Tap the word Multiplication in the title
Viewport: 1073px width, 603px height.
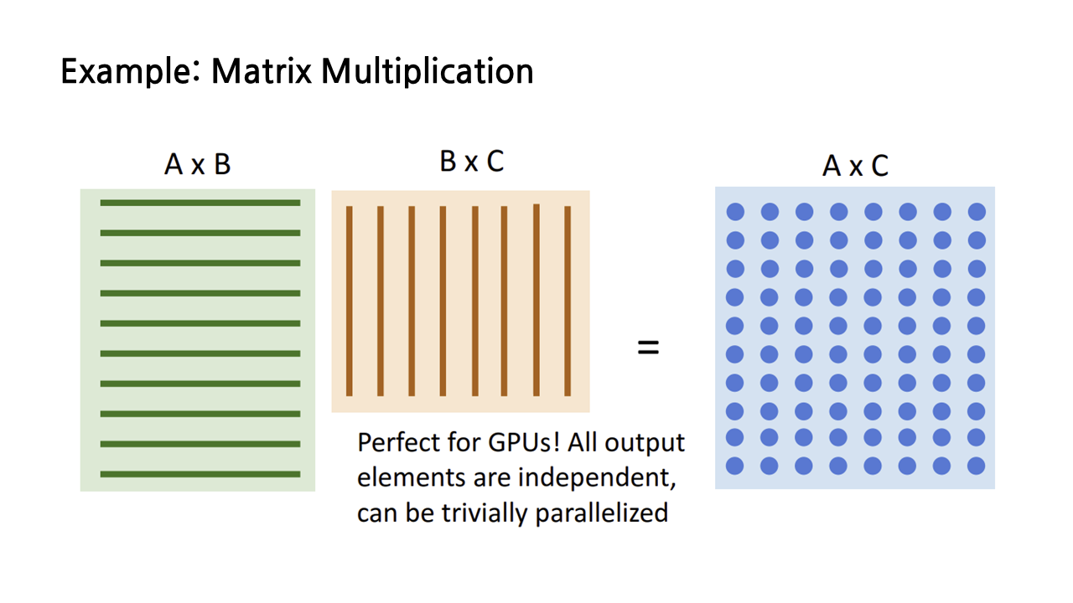point(427,72)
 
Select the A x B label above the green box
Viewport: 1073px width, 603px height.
point(198,164)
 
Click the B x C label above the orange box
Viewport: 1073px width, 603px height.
point(471,162)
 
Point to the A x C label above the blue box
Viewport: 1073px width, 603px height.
point(855,166)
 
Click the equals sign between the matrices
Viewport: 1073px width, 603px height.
point(648,348)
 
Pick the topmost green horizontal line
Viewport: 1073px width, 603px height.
point(200,203)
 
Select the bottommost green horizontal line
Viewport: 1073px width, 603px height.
point(200,474)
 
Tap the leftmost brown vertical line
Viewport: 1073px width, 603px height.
point(350,301)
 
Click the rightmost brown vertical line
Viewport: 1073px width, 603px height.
point(568,301)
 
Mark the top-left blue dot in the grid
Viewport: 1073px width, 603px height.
point(735,212)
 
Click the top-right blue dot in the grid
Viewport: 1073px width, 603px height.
point(977,212)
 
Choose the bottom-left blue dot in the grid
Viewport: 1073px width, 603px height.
point(735,466)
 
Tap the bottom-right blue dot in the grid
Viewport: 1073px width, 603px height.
point(977,466)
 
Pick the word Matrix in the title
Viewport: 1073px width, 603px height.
point(262,72)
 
